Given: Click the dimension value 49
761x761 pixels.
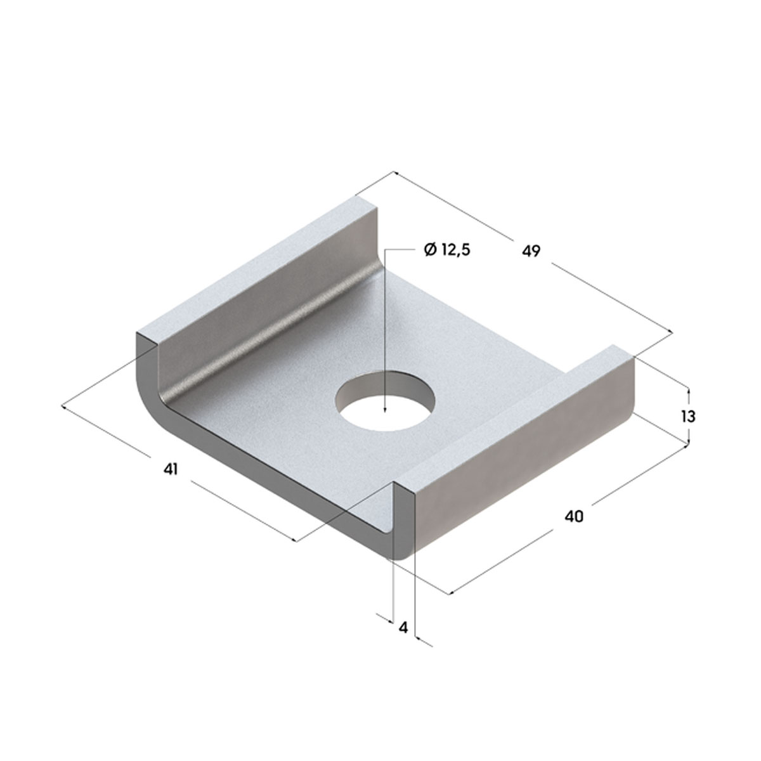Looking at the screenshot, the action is [531, 251].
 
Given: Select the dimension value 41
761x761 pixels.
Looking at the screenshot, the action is [171, 469].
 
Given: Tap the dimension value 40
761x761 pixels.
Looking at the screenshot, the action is [574, 516].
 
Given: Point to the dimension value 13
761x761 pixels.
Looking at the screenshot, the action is [688, 416].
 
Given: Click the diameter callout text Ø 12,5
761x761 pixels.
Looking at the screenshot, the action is [447, 250].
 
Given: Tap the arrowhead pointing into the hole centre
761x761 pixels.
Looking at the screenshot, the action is [385, 409].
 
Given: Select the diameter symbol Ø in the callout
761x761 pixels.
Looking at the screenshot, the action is [430, 250].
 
